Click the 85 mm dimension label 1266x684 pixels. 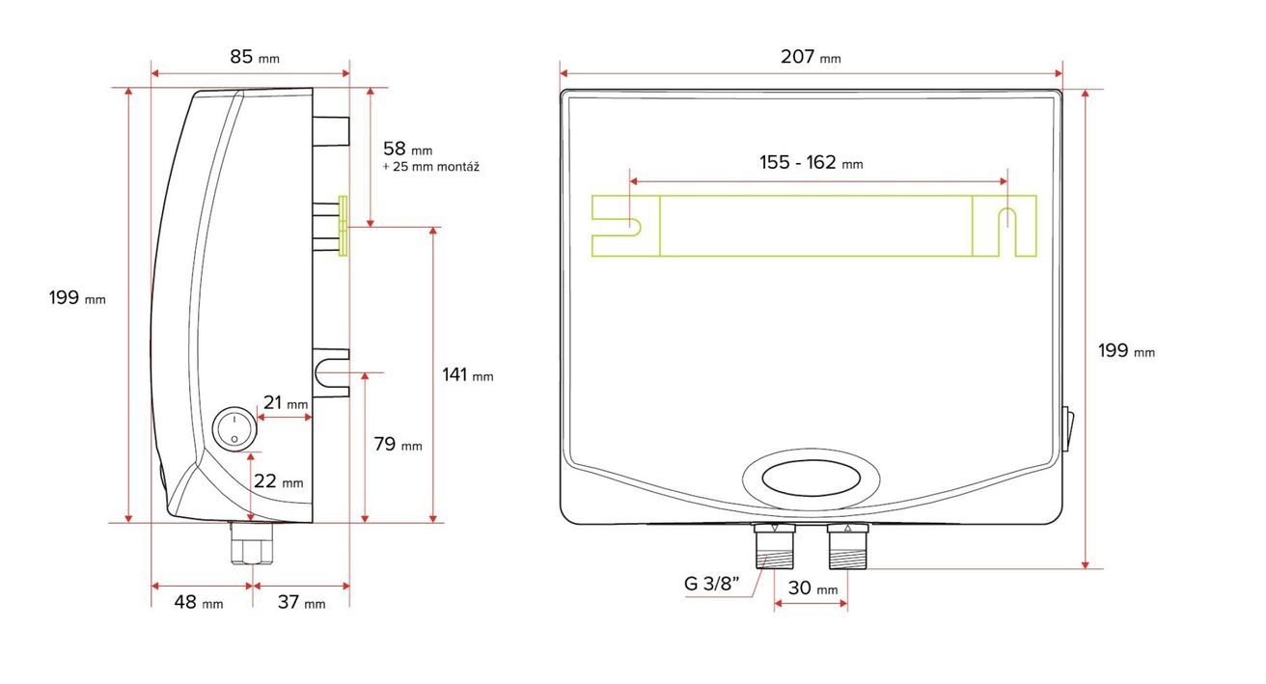coord(255,57)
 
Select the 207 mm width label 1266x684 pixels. coord(811,57)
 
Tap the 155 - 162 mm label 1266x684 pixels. coord(811,162)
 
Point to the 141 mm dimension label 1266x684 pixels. coord(467,374)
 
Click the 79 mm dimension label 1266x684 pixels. coord(398,444)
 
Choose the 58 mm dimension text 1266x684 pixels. coord(407,149)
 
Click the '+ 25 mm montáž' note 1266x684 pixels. coord(430,167)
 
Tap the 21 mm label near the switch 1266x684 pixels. coord(286,402)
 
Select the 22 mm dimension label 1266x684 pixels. coord(278,480)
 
